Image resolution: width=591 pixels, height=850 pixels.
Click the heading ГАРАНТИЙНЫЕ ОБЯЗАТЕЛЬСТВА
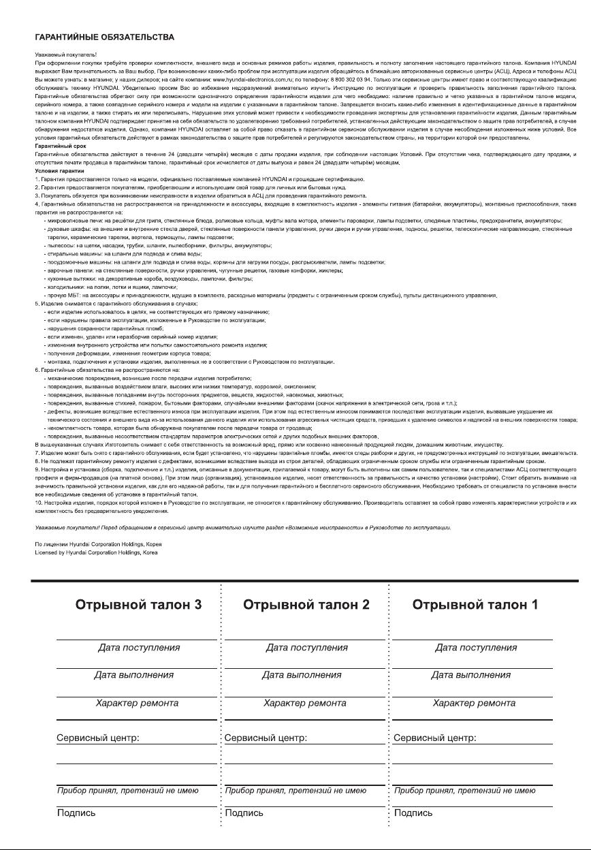(x=104, y=37)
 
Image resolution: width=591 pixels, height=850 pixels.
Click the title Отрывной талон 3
(x=138, y=605)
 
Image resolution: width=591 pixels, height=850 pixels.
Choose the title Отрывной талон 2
(x=306, y=605)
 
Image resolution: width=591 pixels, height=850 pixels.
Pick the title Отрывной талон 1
(x=475, y=605)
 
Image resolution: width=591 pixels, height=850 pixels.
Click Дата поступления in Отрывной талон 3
(x=139, y=647)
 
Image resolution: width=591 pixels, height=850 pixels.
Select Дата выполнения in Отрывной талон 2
(x=302, y=675)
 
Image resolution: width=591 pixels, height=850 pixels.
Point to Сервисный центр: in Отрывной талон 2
(x=266, y=738)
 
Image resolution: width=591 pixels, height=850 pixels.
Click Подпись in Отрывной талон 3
(x=76, y=813)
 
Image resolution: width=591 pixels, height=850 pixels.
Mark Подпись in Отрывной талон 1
(x=413, y=813)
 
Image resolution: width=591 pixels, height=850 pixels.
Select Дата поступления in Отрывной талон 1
(x=476, y=647)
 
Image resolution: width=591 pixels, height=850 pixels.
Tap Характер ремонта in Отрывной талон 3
(x=137, y=703)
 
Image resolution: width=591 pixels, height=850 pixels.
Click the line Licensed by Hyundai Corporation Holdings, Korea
(x=96, y=552)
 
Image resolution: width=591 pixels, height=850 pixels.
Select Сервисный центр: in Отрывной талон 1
(x=434, y=738)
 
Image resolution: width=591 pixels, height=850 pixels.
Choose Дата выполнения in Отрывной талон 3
(x=134, y=675)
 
